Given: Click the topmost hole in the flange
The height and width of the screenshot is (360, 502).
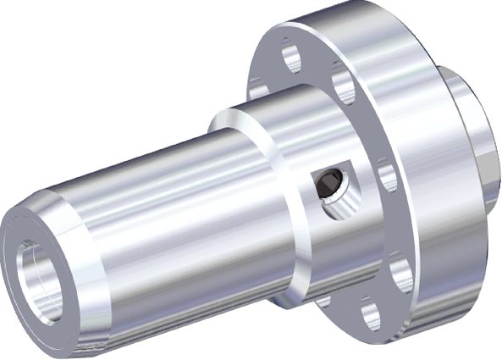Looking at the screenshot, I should click(x=290, y=58).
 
